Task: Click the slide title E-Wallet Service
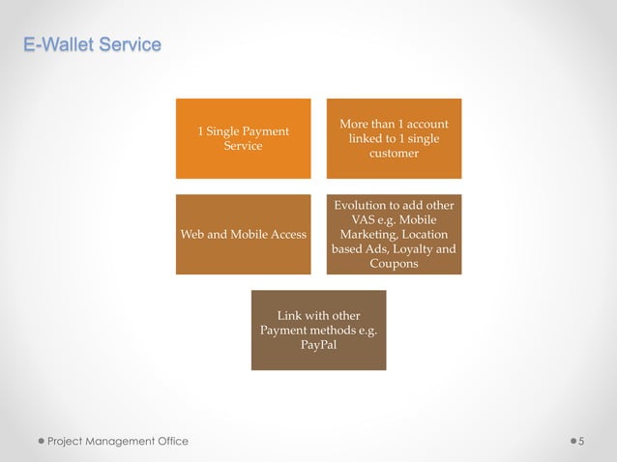(93, 44)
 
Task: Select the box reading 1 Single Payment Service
(243, 138)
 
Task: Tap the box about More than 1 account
(394, 138)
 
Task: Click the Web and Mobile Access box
(243, 234)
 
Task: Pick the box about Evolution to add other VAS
(394, 234)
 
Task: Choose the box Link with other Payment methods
(318, 330)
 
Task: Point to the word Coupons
(394, 264)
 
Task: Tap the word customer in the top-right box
(394, 154)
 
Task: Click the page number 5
(582, 442)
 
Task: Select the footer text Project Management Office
(119, 442)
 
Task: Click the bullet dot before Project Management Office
(42, 442)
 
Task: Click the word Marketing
(367, 234)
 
